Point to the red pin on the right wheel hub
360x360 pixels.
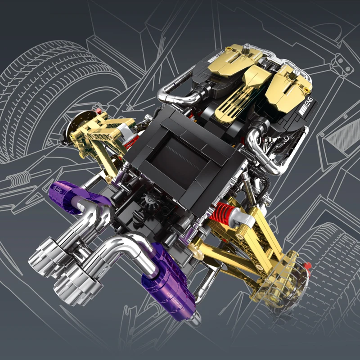coord(308,265)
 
